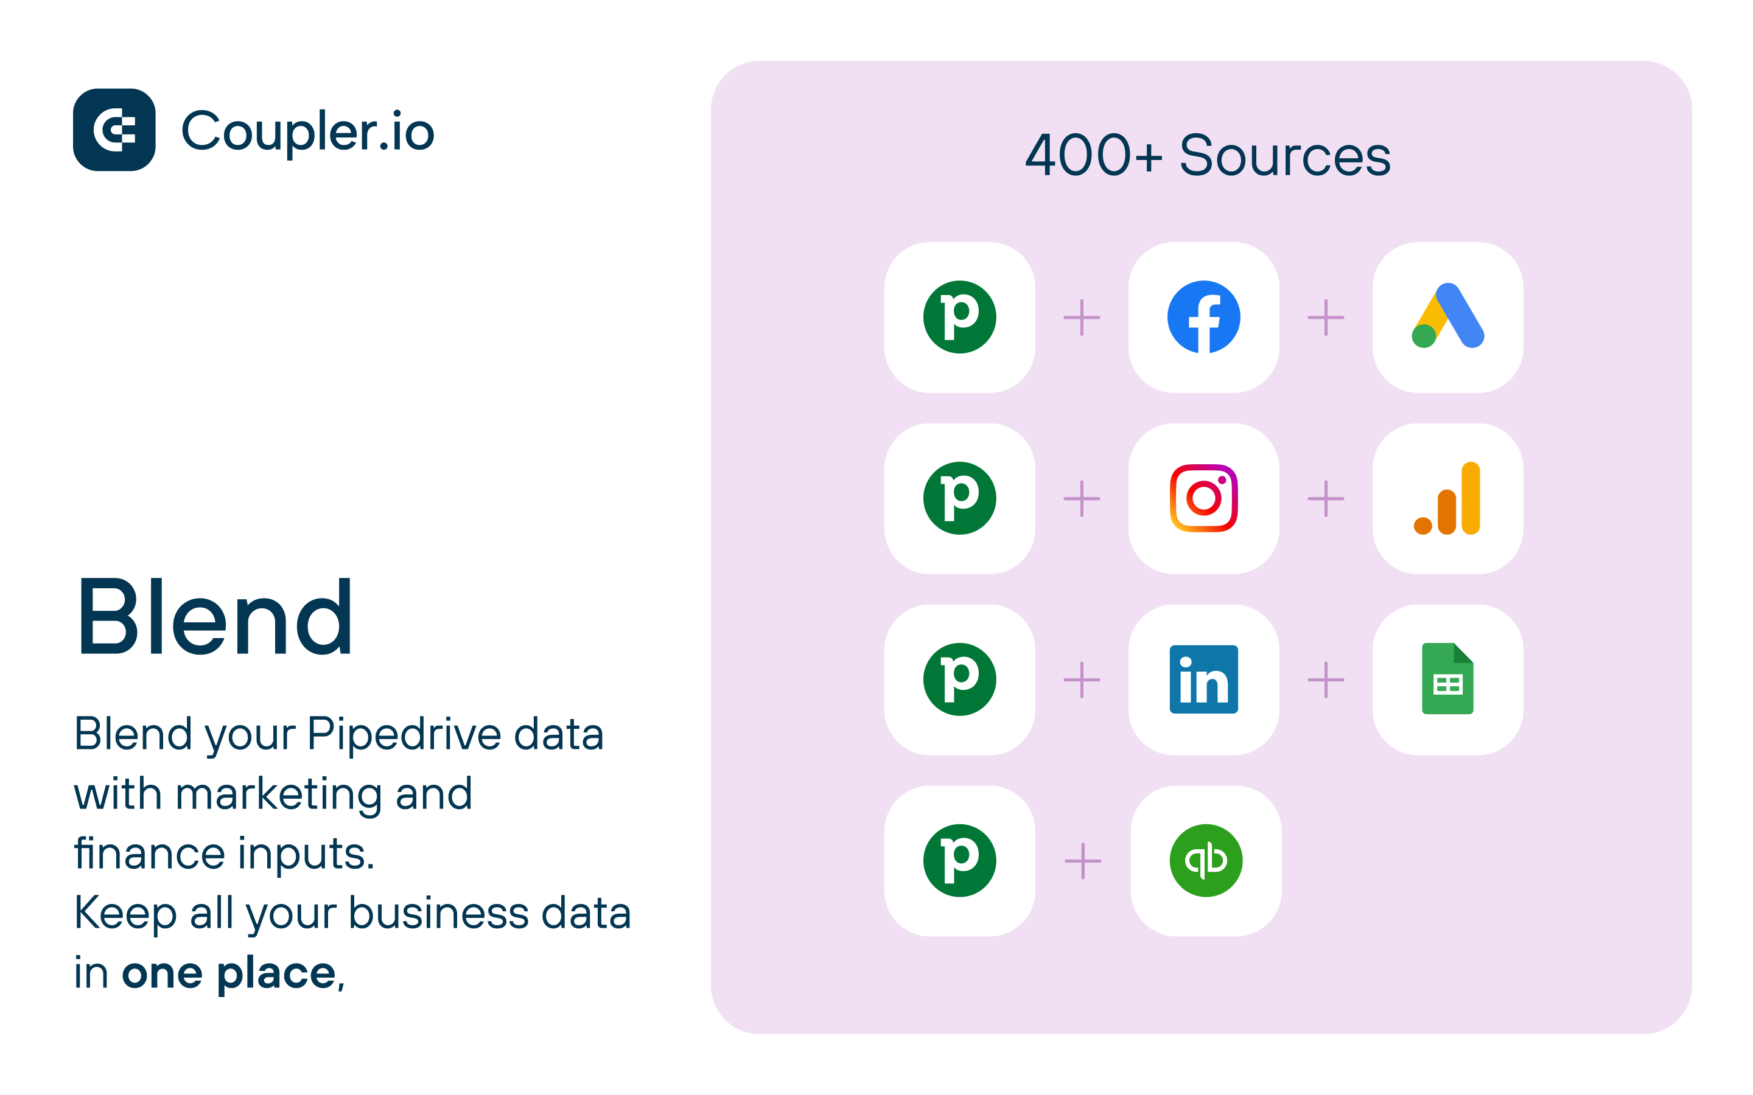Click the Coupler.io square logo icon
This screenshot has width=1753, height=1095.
[x=114, y=130]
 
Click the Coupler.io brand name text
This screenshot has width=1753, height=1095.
[x=308, y=133]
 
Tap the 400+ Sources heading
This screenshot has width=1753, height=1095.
[x=1208, y=156]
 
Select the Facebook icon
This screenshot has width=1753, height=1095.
[x=1204, y=317]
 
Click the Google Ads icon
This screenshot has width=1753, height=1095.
[x=1448, y=316]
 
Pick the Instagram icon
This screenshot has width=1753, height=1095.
[x=1204, y=498]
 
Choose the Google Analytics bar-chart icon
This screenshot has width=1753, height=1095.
[x=1447, y=498]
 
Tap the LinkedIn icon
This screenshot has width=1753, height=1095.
[x=1204, y=680]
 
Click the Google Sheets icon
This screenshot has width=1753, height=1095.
[x=1448, y=678]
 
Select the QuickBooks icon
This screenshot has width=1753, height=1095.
[x=1206, y=860]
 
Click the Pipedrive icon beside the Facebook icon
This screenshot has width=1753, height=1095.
[x=960, y=317]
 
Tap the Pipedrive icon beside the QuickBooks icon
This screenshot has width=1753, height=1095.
[x=960, y=860]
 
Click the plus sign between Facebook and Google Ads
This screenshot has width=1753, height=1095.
[x=1326, y=317]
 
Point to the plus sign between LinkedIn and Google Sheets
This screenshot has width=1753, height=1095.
[x=1326, y=680]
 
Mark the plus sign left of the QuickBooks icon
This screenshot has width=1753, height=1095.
[x=1083, y=860]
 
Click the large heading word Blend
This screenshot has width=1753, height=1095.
[x=215, y=617]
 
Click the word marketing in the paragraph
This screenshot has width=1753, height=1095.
[x=279, y=795]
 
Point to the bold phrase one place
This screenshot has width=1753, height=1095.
[x=229, y=973]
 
